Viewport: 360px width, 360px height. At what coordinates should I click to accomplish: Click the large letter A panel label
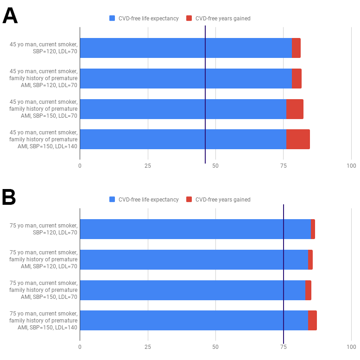10,16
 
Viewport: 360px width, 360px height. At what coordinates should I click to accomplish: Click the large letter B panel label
9,197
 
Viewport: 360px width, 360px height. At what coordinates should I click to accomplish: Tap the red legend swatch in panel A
189,19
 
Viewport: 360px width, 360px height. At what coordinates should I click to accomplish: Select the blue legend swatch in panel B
112,200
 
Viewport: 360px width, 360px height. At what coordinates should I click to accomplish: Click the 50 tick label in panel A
215,165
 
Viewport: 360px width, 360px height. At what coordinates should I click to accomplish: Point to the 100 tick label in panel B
351,347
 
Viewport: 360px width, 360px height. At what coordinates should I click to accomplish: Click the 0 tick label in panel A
80,165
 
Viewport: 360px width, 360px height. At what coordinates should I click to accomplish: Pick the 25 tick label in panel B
147,347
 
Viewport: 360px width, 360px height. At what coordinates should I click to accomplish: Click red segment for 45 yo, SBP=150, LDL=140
298,139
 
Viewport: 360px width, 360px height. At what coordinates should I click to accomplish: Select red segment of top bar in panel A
296,48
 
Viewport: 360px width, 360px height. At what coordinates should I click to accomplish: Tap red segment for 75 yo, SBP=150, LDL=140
312,320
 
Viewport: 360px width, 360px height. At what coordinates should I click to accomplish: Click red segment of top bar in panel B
313,229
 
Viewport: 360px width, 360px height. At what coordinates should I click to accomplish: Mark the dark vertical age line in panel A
205,93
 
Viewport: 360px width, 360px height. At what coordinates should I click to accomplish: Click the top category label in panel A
44,48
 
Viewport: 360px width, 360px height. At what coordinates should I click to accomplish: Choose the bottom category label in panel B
44,320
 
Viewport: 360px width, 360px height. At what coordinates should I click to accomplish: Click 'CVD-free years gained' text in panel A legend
223,19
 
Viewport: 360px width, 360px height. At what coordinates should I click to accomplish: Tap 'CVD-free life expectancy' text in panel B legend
148,200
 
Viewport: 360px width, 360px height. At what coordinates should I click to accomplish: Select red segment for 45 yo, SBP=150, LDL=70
295,109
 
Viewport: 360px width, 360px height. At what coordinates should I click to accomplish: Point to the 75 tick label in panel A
283,165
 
